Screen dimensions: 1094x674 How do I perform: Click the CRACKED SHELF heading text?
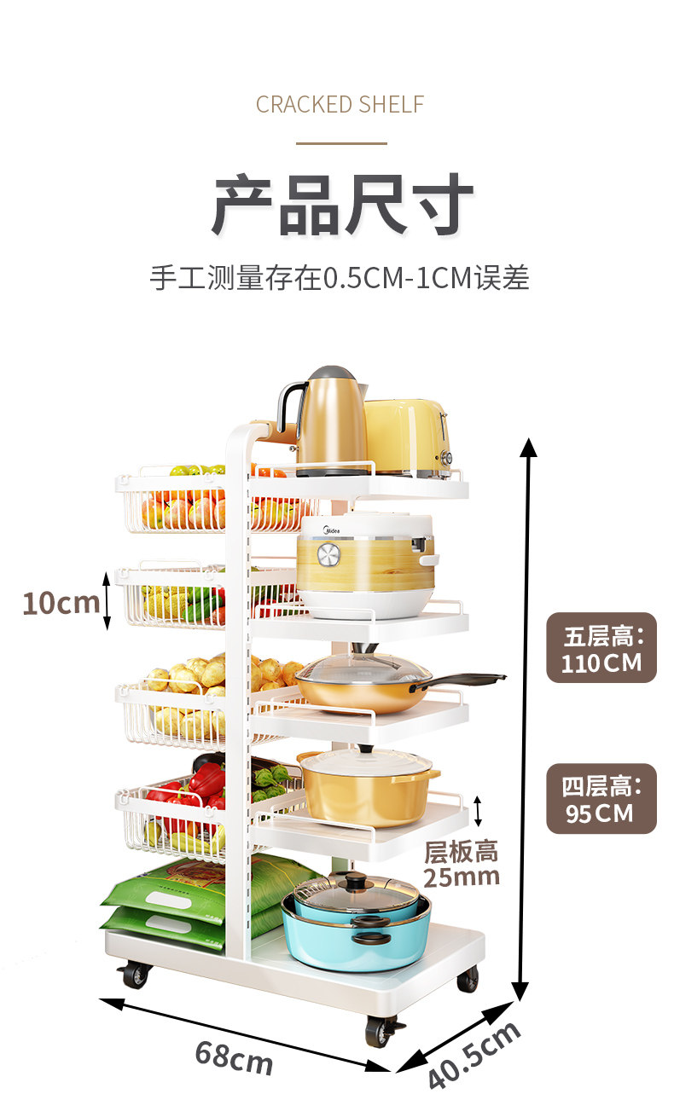coord(340,105)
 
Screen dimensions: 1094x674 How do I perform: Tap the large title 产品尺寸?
coord(342,205)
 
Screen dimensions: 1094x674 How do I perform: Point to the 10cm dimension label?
coord(61,602)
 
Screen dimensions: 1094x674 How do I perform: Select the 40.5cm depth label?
coord(474,1054)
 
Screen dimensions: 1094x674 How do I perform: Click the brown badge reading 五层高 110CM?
coord(601,648)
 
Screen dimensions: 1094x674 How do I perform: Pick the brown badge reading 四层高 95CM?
coord(601,798)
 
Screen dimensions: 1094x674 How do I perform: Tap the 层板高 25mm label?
coord(461,863)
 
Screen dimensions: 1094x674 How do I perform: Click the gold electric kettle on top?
coord(328,422)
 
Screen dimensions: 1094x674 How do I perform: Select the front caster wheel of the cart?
coord(380,1031)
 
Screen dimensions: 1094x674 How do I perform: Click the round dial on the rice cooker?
coord(328,555)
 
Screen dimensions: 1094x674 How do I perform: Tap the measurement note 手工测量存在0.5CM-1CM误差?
coord(340,278)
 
